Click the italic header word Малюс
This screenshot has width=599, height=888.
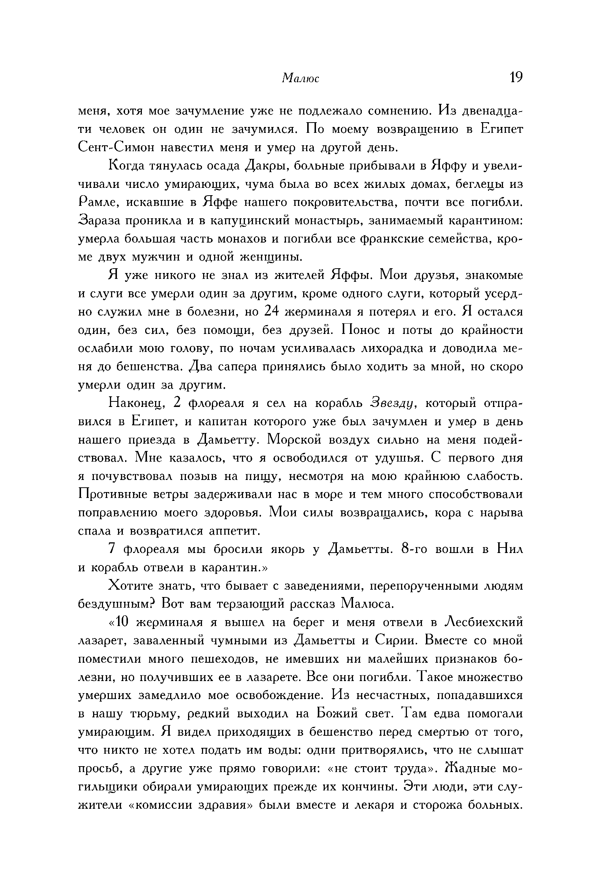300,78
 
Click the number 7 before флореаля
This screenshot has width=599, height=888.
111,549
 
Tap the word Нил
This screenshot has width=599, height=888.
510,549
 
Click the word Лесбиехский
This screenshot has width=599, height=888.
483,622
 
